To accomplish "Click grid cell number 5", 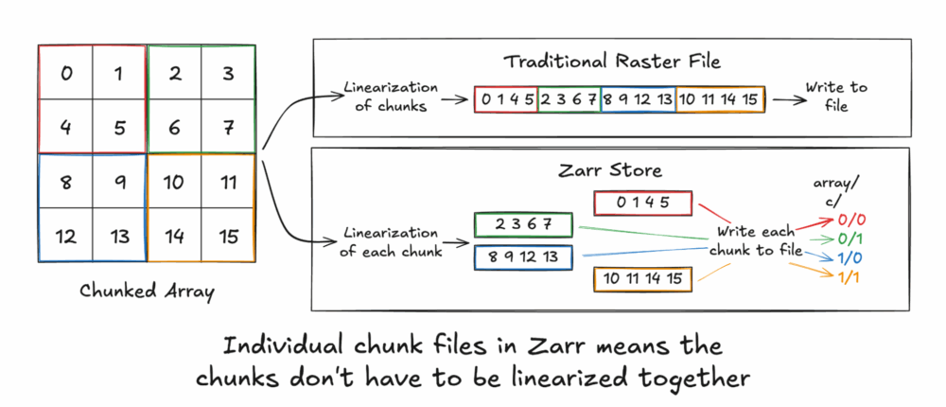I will [118, 126].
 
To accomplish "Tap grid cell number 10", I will [173, 180].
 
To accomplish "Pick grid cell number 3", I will [227, 73].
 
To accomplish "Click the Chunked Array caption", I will [147, 292].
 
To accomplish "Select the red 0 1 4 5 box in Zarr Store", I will [643, 202].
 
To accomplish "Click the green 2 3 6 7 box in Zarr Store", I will [524, 223].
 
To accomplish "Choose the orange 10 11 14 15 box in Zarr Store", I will [643, 278].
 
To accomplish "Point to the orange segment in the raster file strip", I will [720, 98].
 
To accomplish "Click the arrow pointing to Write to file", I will [784, 98].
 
